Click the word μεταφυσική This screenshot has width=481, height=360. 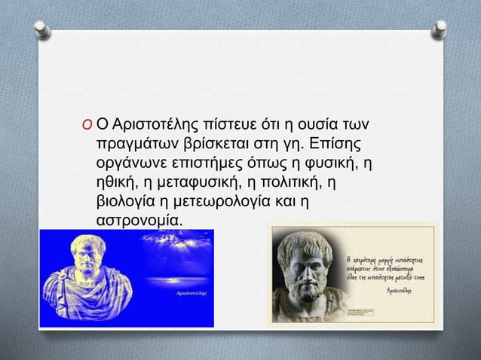pos(199,183)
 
